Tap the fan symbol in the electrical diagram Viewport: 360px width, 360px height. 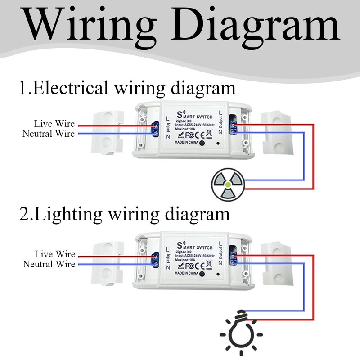(228, 184)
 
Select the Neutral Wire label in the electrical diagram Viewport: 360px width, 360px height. (49, 133)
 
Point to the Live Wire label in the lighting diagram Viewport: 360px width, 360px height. (54, 254)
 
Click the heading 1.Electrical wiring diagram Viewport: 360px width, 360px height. (127, 88)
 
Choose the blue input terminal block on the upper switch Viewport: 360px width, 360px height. (154, 128)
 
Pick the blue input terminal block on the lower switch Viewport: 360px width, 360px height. (154, 258)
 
